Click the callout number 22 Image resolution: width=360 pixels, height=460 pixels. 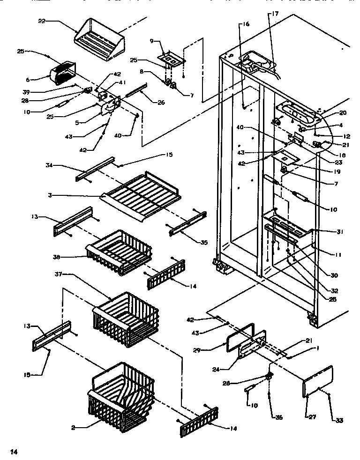(x=41, y=21)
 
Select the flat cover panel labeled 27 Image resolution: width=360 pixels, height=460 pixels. (x=317, y=381)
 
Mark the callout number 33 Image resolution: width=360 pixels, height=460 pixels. (x=338, y=421)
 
